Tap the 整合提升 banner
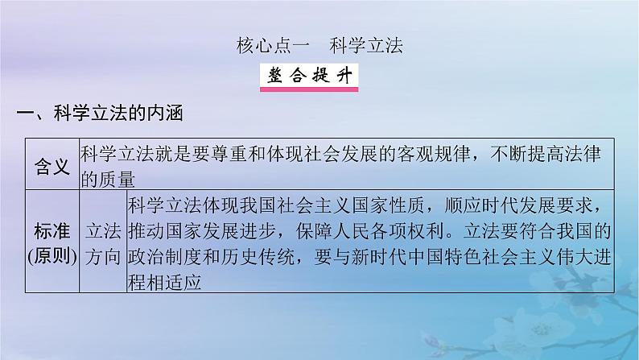coord(309,77)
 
